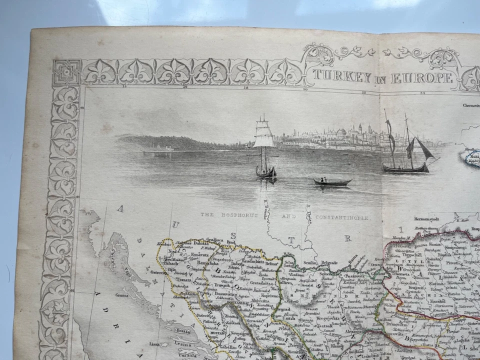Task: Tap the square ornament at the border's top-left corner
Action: [67, 72]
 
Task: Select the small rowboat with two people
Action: [332, 181]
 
